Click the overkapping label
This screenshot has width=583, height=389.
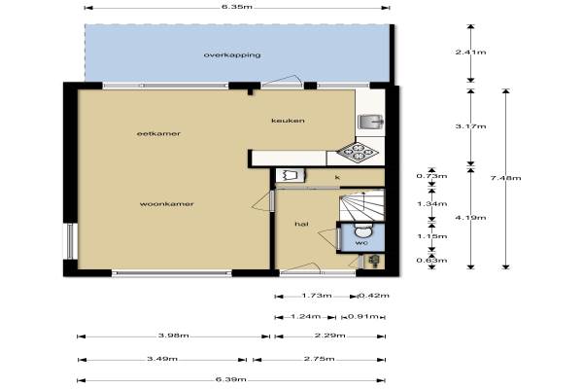click(232, 55)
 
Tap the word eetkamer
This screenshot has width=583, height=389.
click(158, 133)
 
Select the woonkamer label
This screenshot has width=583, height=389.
click(166, 204)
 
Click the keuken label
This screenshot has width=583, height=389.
click(288, 121)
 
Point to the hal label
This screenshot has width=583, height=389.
click(301, 224)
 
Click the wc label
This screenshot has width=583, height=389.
click(361, 243)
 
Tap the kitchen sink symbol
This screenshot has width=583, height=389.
click(370, 122)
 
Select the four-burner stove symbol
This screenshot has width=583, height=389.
click(358, 152)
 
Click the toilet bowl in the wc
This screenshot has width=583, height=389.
click(363, 230)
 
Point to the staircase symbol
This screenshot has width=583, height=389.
click(361, 205)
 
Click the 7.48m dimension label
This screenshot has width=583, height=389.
click(505, 178)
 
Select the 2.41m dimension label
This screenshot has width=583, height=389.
click(470, 53)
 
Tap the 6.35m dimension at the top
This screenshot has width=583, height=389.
click(237, 7)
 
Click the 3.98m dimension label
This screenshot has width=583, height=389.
click(173, 336)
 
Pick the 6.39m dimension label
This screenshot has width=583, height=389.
click(231, 379)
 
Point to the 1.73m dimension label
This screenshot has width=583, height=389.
click(317, 296)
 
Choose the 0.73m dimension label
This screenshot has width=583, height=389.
click(431, 176)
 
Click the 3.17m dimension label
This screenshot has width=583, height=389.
click(470, 126)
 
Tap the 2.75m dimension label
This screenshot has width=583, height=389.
click(319, 359)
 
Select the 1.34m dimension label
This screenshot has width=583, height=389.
click(431, 204)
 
